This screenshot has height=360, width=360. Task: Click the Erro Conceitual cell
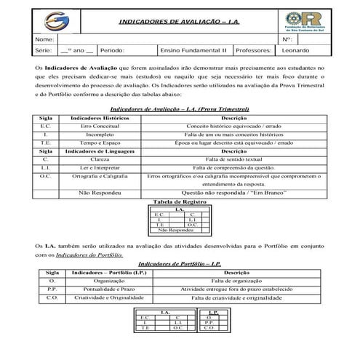[92, 126]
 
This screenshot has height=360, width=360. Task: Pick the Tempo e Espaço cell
[92, 144]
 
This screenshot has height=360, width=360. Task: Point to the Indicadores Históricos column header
[92, 117]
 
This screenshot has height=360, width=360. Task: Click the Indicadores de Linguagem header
[92, 153]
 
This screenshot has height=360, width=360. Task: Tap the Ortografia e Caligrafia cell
[92, 177]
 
